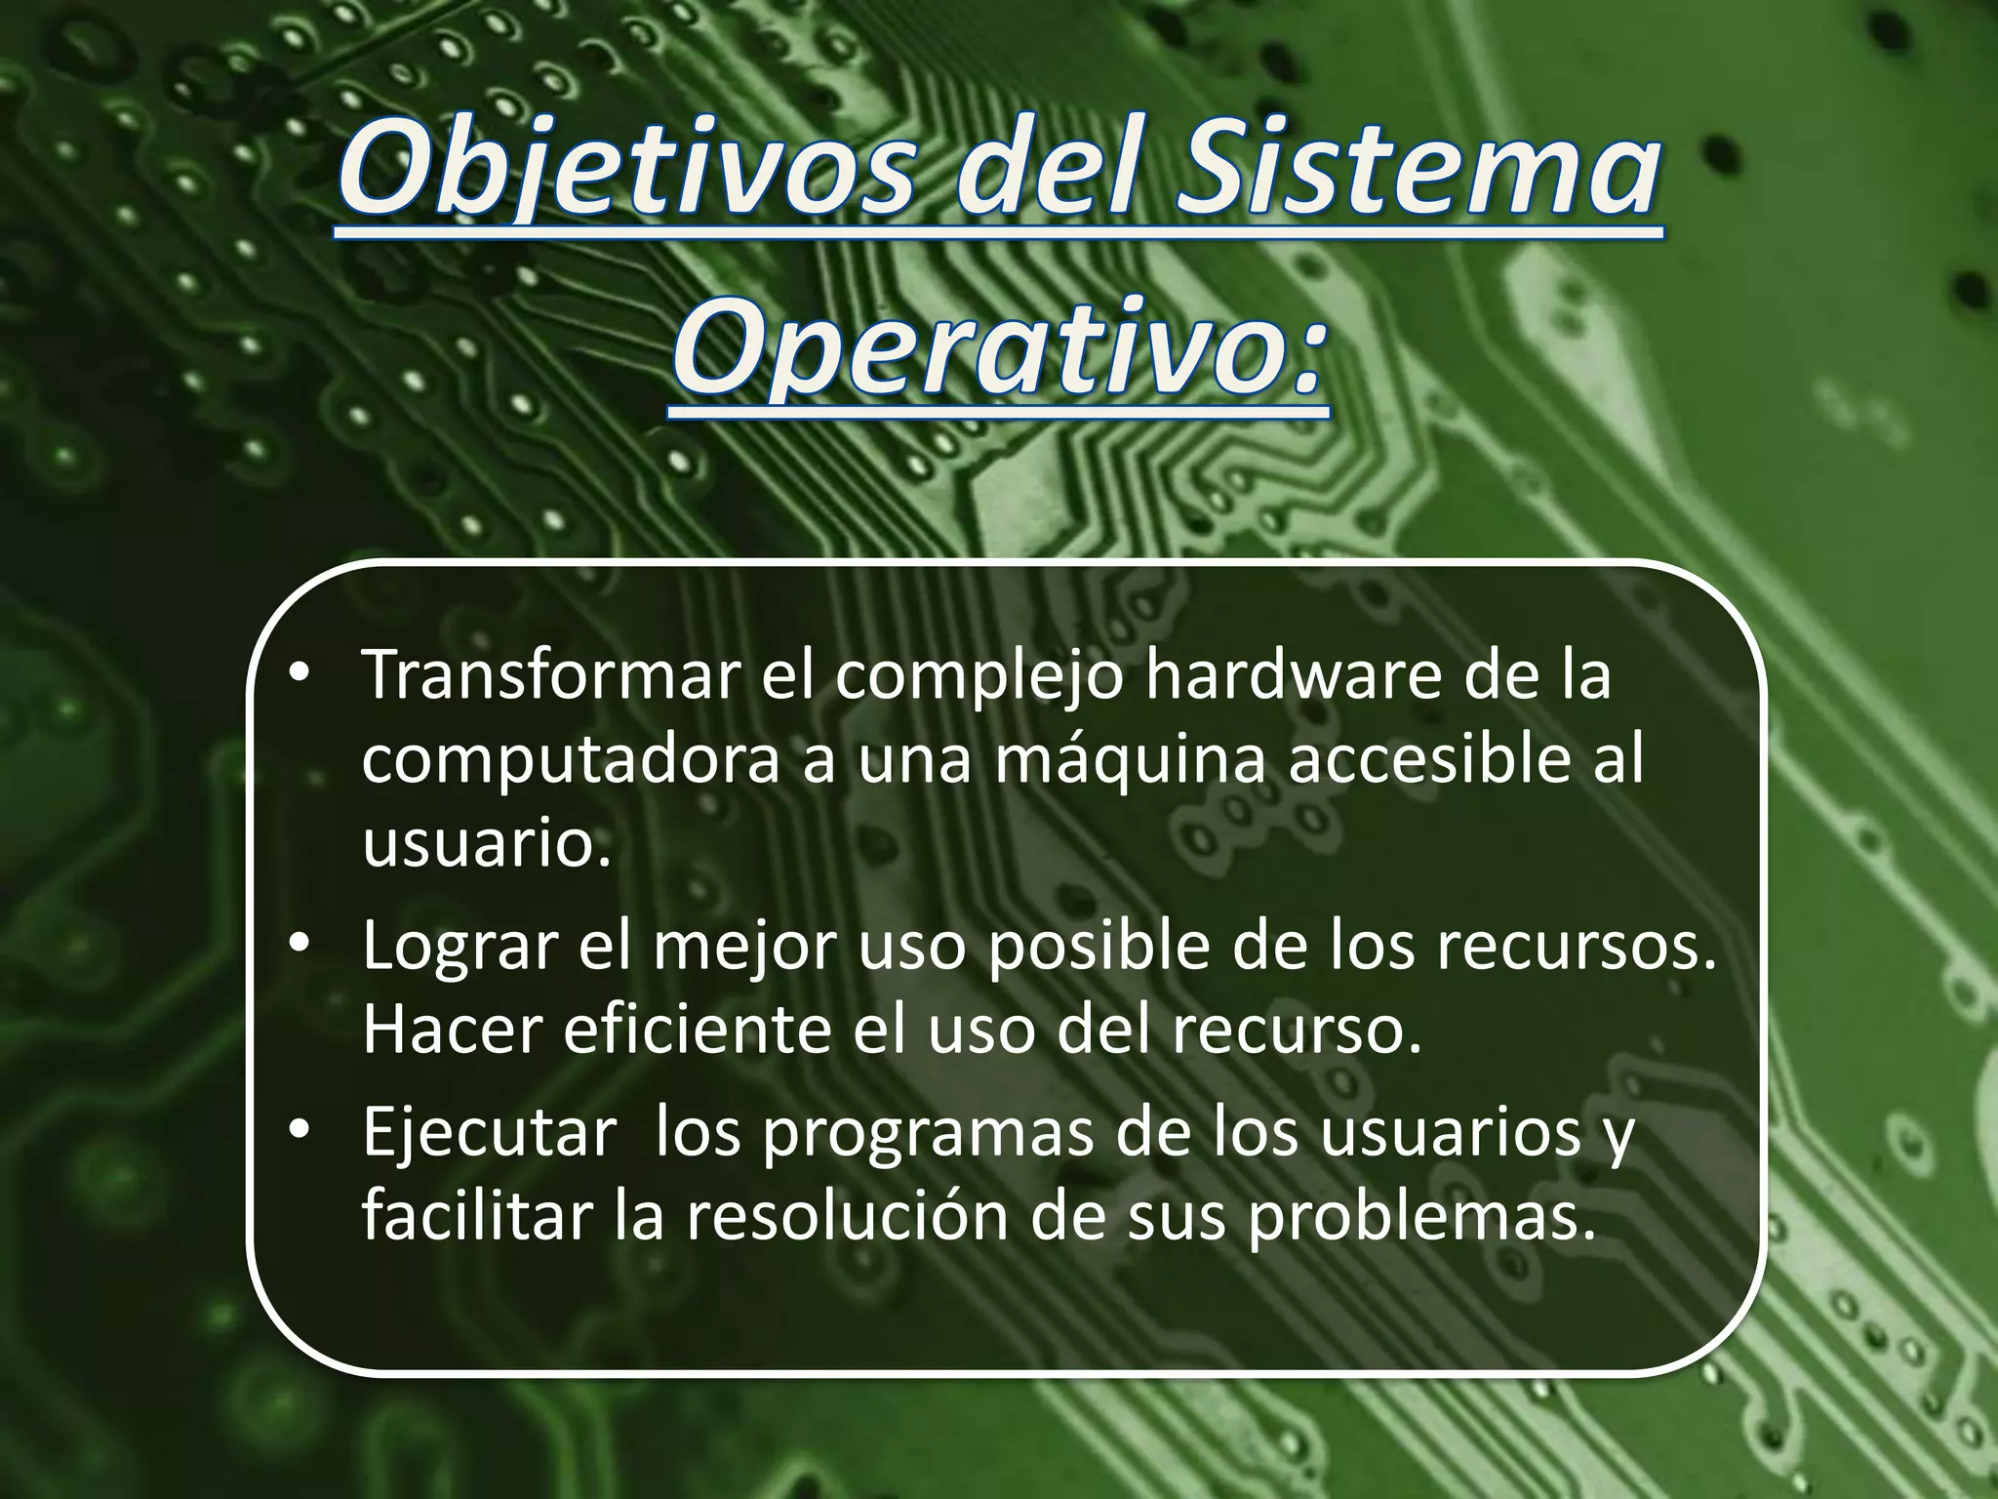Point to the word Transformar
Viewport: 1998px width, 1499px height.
coord(550,675)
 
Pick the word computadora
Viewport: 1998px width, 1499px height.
coord(571,761)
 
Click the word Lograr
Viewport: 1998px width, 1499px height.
coord(459,947)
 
